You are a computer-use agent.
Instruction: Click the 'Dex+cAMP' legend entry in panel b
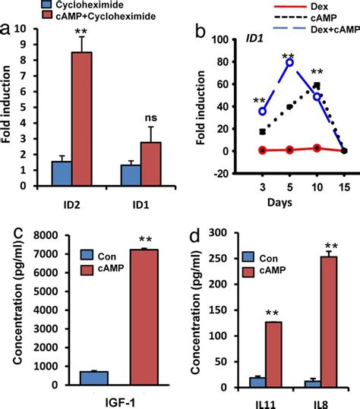(x=326, y=27)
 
